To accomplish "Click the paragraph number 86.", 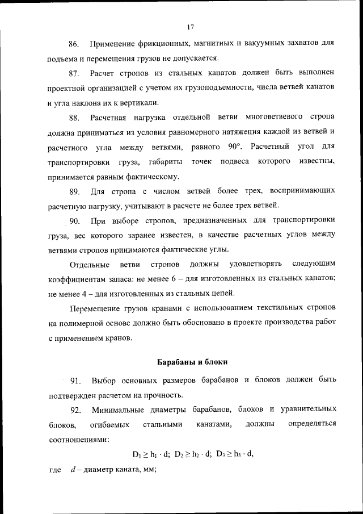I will click(73, 44).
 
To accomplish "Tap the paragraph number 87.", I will click(73, 73).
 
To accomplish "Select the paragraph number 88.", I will click(73, 118).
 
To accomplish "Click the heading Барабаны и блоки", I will click(192, 362).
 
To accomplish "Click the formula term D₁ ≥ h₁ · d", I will click(151, 454).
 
